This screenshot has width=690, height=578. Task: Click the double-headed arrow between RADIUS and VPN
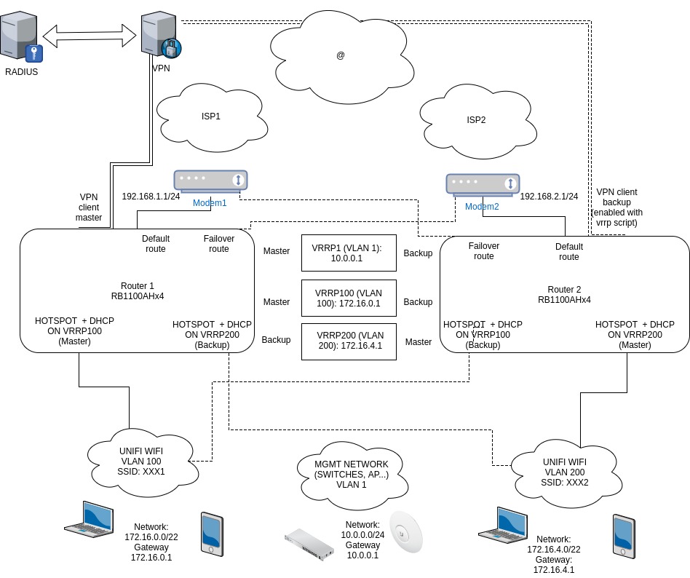coord(90,34)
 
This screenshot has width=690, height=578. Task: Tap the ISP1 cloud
coord(210,116)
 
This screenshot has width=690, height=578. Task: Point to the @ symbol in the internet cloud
coord(340,55)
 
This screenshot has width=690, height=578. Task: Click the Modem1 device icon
coord(210,181)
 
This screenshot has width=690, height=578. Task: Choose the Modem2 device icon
coord(483,183)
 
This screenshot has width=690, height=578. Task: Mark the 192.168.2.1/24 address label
coord(550,197)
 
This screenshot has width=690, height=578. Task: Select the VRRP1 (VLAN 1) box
coord(349,253)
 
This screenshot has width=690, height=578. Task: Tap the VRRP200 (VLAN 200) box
coord(349,341)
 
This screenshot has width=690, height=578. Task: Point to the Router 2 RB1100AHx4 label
coord(564,293)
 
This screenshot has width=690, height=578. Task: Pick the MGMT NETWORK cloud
coord(351,475)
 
